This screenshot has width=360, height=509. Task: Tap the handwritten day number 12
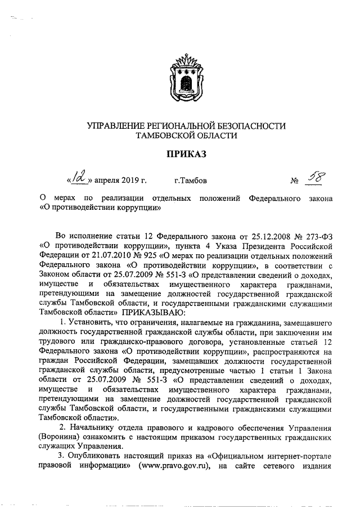point(77,179)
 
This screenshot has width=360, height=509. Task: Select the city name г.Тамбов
point(191,181)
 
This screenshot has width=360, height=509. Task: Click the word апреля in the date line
point(111,181)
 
